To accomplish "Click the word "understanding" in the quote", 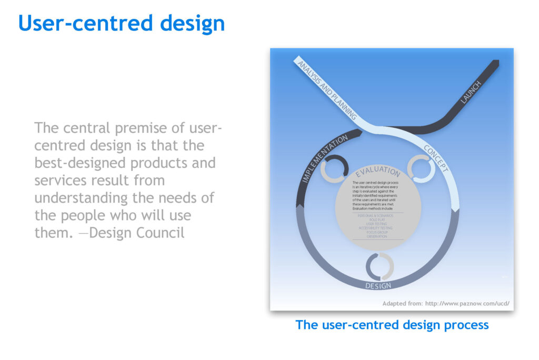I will [78, 198].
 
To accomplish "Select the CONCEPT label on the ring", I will [436, 158].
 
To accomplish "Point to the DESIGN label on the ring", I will [378, 286].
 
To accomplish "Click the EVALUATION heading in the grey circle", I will [378, 172].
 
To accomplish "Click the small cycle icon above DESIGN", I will [380, 266].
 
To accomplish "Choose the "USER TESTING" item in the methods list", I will [377, 224].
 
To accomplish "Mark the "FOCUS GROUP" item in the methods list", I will [377, 232].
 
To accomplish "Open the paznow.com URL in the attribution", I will [466, 303].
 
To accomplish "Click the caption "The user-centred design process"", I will [392, 325].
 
